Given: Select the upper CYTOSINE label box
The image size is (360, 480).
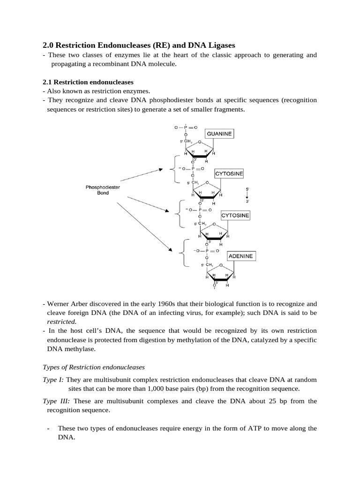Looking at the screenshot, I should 229,174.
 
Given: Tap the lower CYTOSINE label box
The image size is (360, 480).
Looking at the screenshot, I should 235,216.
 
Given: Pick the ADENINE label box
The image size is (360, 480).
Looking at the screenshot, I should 240,256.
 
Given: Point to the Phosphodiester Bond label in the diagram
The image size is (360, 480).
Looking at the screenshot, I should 103,190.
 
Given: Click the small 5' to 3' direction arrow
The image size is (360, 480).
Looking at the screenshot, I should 247,195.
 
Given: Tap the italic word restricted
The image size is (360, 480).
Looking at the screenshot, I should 62,322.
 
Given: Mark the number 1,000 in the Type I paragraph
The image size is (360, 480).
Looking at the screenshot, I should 174,389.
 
